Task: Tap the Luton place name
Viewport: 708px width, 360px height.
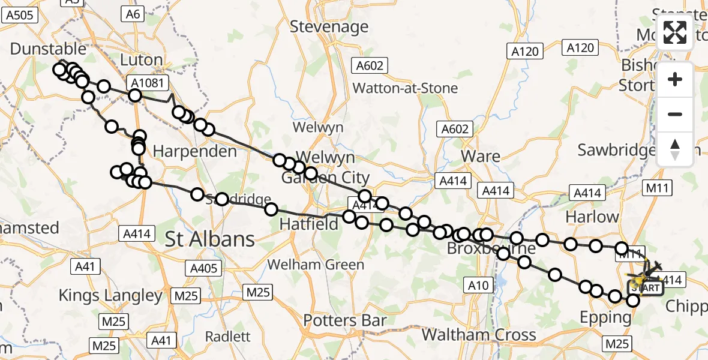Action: [x=142, y=60]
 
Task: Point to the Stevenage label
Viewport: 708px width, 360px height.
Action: [x=329, y=26]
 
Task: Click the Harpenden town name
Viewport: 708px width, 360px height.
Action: [x=195, y=151]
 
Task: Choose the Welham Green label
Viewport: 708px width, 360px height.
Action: [x=316, y=265]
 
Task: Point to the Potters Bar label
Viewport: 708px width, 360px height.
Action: [x=344, y=320]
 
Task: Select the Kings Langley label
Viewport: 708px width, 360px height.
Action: [x=111, y=295]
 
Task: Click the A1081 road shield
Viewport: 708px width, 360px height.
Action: [x=145, y=83]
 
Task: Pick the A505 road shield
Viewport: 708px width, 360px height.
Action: [x=19, y=16]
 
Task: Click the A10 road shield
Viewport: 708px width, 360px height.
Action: [x=478, y=286]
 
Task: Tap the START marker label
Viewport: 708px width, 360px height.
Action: [x=645, y=288]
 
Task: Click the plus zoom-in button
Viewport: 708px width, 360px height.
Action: [x=675, y=79]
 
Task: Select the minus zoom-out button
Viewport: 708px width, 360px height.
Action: [x=675, y=114]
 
